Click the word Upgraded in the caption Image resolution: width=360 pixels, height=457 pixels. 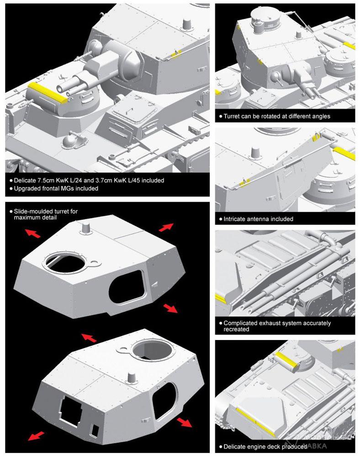tap(27, 188)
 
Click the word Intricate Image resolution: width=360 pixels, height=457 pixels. tap(235, 219)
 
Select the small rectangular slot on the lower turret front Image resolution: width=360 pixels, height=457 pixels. tap(95, 430)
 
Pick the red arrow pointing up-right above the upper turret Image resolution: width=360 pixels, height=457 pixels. tap(166, 227)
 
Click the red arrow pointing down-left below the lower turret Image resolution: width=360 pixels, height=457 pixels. tap(37, 436)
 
